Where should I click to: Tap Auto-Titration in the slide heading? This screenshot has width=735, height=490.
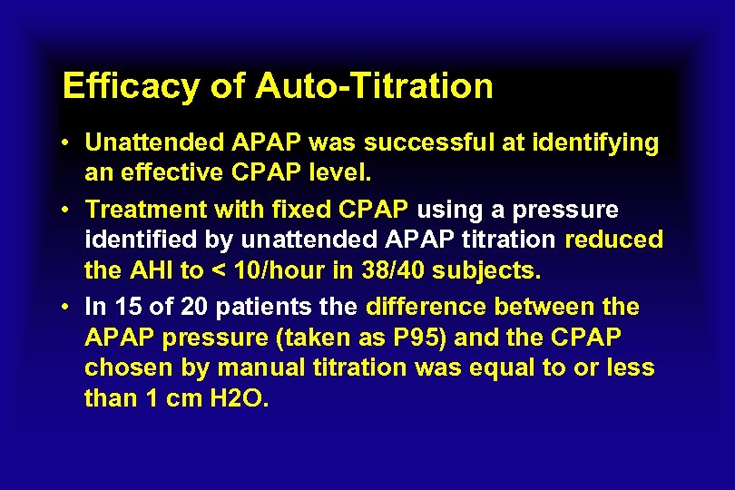pos(374,87)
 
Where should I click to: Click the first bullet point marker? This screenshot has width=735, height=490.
pos(69,143)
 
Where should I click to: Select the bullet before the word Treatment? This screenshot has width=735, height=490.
pos(69,211)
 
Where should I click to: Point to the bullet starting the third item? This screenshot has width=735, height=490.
pos(69,308)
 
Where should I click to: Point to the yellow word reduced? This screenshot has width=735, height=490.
pos(613,240)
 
